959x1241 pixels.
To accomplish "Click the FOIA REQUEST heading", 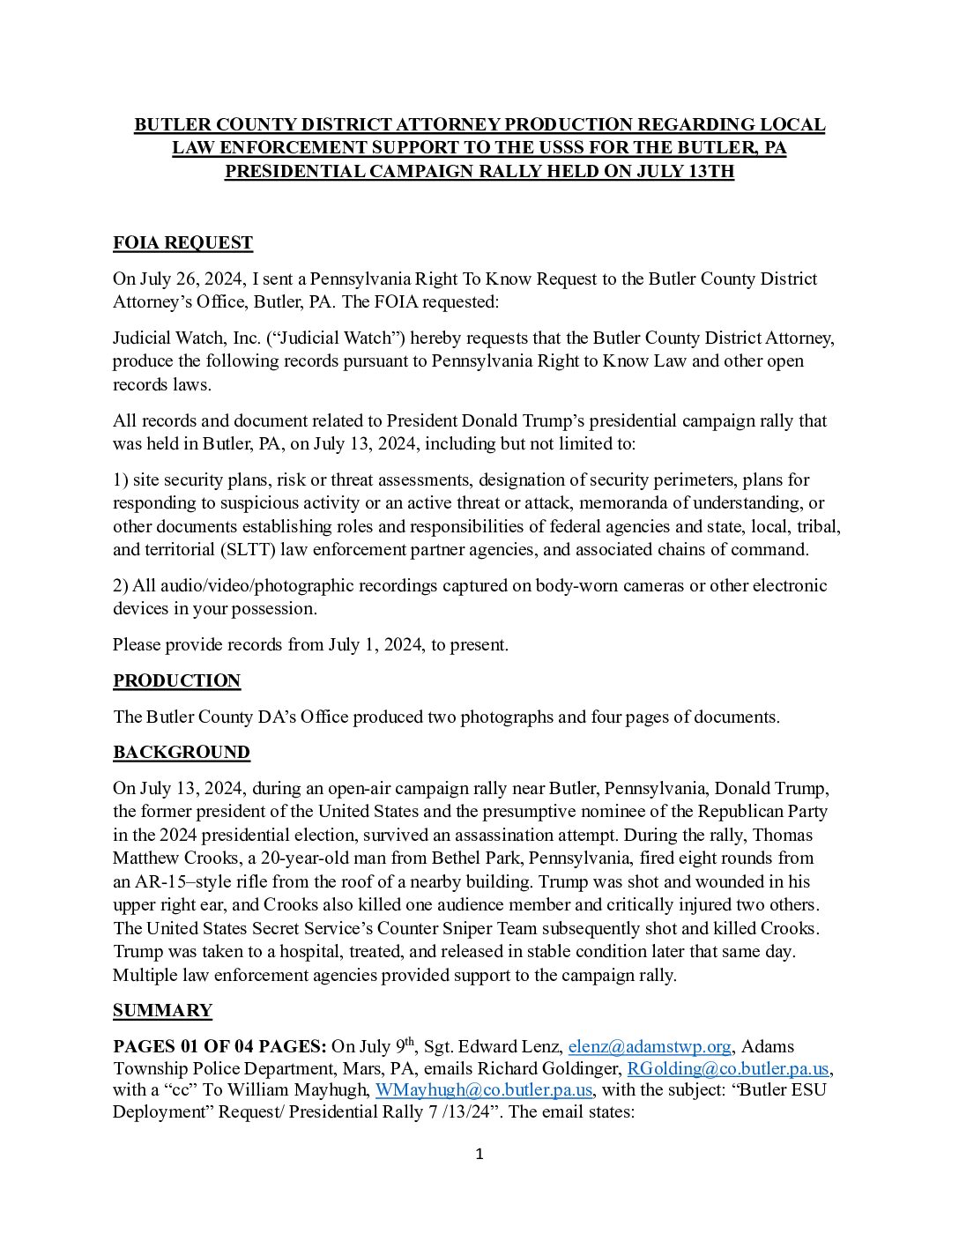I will pos(182,243).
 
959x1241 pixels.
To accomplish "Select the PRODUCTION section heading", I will pos(176,681).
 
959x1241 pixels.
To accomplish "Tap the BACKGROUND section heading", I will pos(181,753).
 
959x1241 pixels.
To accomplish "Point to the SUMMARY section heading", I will pos(162,1011).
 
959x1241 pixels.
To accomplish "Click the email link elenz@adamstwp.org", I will pos(650,1047).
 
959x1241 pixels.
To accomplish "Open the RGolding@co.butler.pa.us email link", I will pos(728,1069).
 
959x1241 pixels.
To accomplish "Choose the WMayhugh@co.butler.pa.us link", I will pos(484,1090).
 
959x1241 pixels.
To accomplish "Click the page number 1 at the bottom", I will pos(479,1155).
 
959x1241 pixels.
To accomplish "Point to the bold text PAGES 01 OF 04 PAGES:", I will pos(219,1047).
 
